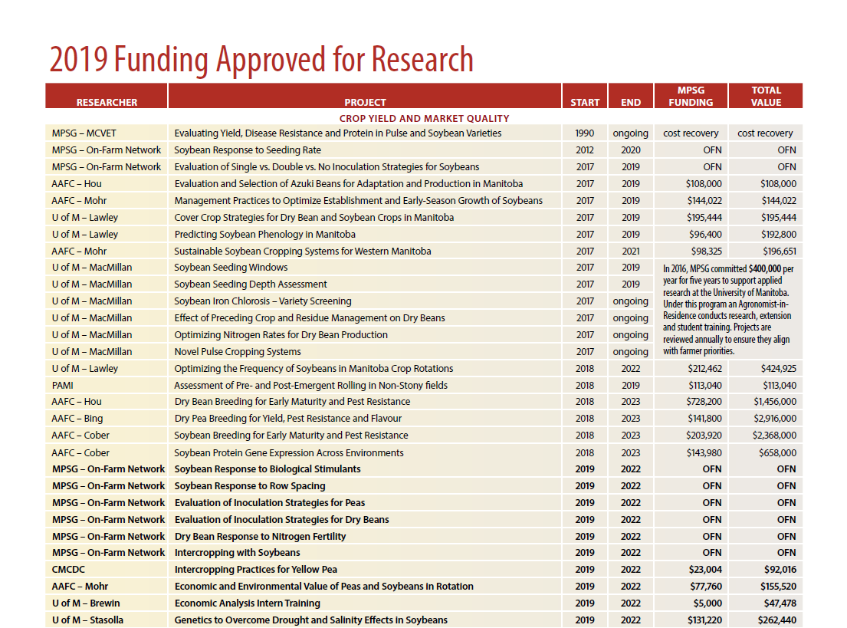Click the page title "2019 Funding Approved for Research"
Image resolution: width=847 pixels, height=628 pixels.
coord(261,60)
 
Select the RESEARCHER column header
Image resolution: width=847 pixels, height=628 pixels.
coord(107,102)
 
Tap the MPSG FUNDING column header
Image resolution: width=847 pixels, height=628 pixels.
coord(690,96)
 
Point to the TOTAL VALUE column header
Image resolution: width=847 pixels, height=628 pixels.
coord(766,96)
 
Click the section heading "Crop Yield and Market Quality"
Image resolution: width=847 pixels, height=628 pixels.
coord(424,118)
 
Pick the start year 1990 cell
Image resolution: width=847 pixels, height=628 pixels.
coord(585,133)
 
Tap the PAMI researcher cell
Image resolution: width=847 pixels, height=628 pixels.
coord(63,385)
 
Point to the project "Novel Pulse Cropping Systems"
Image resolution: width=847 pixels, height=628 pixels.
coord(238,351)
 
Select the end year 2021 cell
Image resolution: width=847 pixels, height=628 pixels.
coord(631,251)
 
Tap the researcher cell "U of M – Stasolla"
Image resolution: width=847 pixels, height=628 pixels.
coord(87,620)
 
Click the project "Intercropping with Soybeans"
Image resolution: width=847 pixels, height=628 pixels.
coord(237,553)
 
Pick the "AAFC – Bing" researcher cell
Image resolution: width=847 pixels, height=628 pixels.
coord(77,419)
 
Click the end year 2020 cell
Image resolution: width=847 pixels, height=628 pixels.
coord(631,150)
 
